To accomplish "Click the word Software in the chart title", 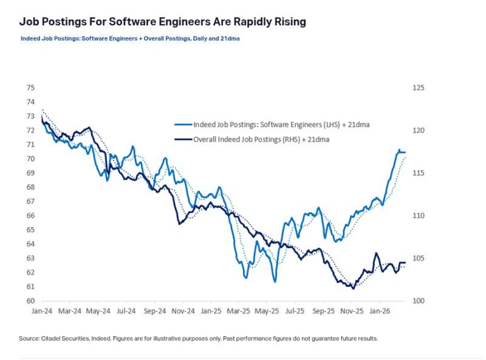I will tap(135, 22).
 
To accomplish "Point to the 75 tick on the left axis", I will tap(30, 88).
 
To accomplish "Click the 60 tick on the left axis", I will tap(30, 301).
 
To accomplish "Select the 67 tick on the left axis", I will tap(30, 201).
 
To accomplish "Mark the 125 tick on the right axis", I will tap(418, 88).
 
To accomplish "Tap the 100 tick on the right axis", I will tap(418, 301).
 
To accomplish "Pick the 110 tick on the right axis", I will tap(418, 216).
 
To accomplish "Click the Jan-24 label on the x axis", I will tap(41, 311).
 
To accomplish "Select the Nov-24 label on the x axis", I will tap(182, 311).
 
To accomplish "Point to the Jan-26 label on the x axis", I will tap(380, 311).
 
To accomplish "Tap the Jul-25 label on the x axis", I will tap(295, 311).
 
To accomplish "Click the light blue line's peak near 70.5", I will tap(400, 150).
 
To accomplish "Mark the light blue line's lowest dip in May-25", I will tap(275, 281).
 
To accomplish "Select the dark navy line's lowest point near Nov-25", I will tap(353, 288).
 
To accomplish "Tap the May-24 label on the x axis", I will tap(98, 311).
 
